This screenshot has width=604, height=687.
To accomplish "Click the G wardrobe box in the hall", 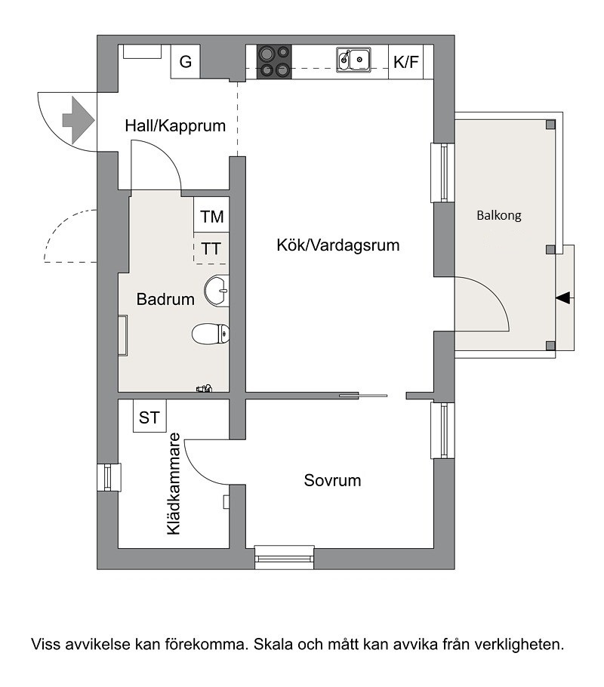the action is click(186, 61).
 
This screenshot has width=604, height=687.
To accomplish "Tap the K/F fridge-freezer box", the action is click(406, 62).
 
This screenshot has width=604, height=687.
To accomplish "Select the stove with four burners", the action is click(274, 62).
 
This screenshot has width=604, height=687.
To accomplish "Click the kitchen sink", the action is click(353, 60).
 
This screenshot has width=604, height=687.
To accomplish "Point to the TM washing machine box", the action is click(211, 215).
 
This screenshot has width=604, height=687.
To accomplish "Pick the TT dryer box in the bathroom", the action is click(211, 249).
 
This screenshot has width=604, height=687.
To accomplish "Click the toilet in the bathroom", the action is click(211, 334).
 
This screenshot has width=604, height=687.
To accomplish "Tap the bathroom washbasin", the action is click(217, 290).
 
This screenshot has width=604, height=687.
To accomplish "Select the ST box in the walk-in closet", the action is click(149, 416).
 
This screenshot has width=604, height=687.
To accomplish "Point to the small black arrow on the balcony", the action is click(564, 298).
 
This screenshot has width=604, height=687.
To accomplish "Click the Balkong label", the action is click(499, 216).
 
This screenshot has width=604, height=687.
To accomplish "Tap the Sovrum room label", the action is click(332, 480).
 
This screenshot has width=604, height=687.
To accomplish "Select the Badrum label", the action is click(165, 299).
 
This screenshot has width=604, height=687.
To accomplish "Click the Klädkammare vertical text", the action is click(174, 484).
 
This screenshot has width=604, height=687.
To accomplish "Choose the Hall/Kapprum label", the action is click(175, 126).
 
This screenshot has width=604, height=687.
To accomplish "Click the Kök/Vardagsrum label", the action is click(338, 245).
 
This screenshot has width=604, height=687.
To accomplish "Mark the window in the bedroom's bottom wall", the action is click(285, 557).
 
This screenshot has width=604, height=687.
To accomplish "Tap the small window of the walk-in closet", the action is click(108, 477).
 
